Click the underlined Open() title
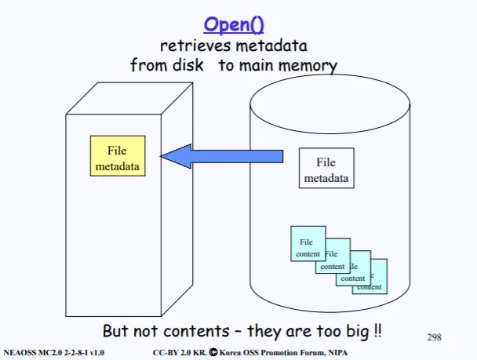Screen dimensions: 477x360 click(234, 25)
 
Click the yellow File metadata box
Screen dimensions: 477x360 click(118, 156)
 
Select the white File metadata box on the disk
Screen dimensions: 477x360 click(326, 168)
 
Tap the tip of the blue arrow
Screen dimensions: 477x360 click(161, 156)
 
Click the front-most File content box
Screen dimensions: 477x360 click(308, 244)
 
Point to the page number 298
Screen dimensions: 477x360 click(434, 337)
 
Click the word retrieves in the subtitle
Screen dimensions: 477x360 click(195, 46)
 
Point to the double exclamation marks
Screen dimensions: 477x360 click(377, 330)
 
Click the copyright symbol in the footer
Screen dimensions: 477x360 click(213, 352)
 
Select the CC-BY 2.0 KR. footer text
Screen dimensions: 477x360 click(180, 353)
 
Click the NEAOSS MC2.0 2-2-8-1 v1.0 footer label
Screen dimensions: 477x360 click(54, 353)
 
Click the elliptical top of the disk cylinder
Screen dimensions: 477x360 click(330, 104)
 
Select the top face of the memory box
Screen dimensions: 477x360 click(129, 98)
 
